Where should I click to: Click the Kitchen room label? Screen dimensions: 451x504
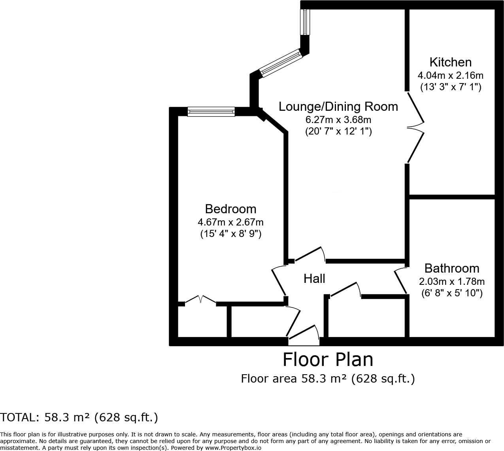pos(450,63)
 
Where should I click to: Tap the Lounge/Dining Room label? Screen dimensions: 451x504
pos(338,106)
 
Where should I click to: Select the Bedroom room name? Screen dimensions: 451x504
pos(230,209)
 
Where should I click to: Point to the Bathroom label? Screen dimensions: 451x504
pos(451,268)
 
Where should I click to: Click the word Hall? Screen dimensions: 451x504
pos(314,279)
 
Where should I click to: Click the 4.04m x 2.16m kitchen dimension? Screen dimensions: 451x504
pos(450,75)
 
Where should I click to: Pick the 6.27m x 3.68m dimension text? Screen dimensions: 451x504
pos(338,119)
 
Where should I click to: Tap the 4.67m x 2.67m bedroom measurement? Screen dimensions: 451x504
pos(230,222)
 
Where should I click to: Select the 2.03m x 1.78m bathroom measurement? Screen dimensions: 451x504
pos(451,282)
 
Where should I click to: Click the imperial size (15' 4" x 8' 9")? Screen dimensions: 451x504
pos(230,234)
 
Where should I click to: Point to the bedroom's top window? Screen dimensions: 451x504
pos(211,112)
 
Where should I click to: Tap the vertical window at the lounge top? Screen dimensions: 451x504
pos(305,22)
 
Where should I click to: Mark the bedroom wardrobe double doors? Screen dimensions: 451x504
pos(200,299)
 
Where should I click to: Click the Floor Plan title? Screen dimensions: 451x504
pos(328,360)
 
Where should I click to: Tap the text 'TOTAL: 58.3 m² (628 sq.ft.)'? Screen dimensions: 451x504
pos(79,417)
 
